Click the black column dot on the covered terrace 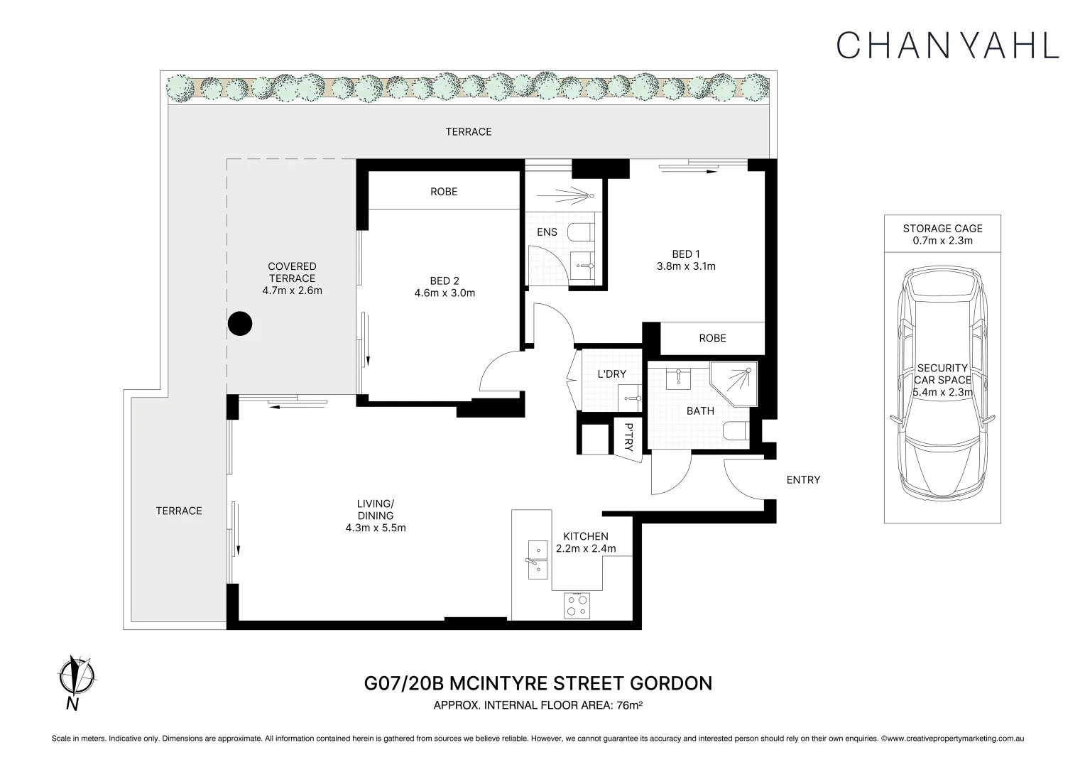(x=240, y=324)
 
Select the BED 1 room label (x=686, y=254)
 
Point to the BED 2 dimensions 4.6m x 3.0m (x=445, y=293)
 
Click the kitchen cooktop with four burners (x=577, y=605)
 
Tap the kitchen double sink (x=537, y=558)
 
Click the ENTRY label (x=803, y=480)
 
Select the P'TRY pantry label (x=628, y=437)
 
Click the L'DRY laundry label (x=611, y=374)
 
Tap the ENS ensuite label (x=547, y=232)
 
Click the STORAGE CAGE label (x=942, y=229)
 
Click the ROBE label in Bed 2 (x=444, y=192)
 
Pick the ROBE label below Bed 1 (x=712, y=339)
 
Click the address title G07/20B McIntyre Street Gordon (x=538, y=683)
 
